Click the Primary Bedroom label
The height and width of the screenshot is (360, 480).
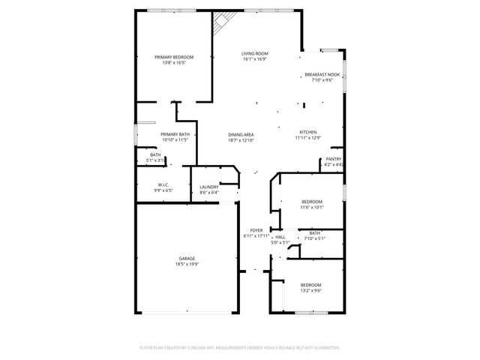tap(174, 57)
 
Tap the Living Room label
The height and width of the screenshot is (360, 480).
tap(255, 53)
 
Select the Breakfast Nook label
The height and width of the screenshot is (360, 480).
tap(322, 75)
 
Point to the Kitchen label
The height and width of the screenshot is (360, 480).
tap(307, 132)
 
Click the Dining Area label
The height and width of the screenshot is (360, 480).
tap(241, 134)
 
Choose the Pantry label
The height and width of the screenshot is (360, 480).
tap(332, 159)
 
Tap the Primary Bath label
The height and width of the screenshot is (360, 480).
tap(174, 133)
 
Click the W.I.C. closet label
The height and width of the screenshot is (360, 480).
tap(164, 185)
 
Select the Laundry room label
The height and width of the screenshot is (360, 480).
tap(209, 187)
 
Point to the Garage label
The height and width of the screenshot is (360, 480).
tap(187, 259)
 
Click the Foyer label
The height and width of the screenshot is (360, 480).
tap(256, 231)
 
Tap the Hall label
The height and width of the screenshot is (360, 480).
tap(280, 237)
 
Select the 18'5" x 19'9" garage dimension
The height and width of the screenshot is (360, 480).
tap(187, 264)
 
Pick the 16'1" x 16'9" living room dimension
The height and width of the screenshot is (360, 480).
tap(255, 59)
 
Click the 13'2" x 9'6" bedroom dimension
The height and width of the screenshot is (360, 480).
tap(311, 290)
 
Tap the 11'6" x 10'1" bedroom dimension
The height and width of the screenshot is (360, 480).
tap(312, 207)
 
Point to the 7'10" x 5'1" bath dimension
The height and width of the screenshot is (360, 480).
tap(314, 238)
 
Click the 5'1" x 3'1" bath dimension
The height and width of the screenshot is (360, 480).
tap(155, 160)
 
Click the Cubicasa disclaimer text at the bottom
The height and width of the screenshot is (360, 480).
tap(240, 348)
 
